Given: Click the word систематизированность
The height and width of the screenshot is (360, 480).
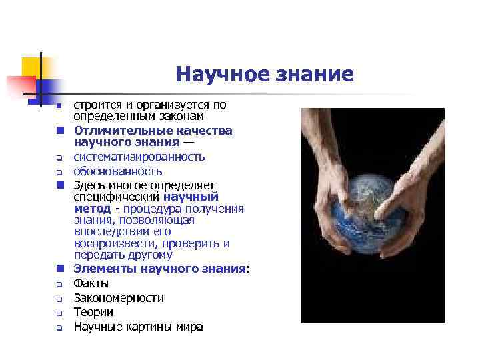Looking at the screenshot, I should click(139, 157).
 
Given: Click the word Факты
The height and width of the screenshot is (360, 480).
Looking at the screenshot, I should click(91, 283).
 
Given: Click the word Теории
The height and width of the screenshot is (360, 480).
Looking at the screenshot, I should click(93, 312).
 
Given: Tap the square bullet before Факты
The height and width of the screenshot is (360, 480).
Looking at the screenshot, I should click(59, 285).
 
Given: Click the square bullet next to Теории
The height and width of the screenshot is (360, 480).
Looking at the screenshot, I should click(59, 313).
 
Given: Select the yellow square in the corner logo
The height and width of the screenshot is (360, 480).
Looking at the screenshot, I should click(31, 67).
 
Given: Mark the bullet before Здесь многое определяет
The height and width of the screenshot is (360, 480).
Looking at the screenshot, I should click(59, 185).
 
